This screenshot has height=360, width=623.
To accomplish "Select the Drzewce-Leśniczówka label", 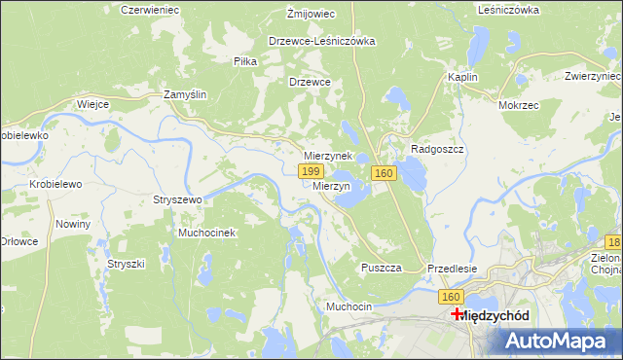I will (322, 42).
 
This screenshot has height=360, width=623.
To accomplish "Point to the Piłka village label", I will (245, 61).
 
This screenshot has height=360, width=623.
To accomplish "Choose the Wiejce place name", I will (92, 103).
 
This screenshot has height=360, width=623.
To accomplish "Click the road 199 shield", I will (311, 171).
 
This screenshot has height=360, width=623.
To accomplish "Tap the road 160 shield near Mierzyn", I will (384, 173).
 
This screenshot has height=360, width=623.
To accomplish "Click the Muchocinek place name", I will (206, 234).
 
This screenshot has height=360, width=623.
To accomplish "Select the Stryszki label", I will (126, 264).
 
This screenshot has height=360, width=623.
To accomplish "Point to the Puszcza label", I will (381, 268).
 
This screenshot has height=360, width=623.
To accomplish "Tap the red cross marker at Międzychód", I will (458, 314).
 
